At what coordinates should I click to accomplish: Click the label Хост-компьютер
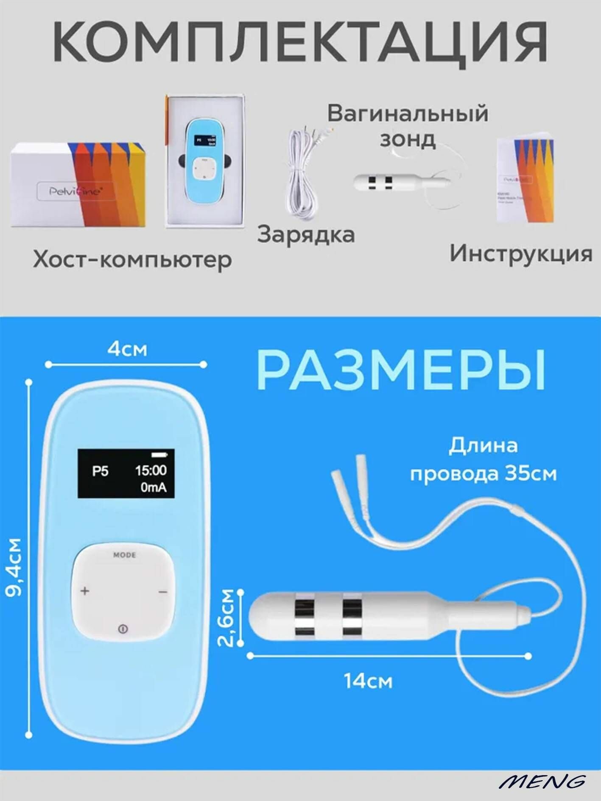pos(132,259)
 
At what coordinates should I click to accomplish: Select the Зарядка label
pos(306,234)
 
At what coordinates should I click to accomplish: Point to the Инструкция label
pos(521,253)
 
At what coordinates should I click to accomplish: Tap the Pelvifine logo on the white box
pos(75,191)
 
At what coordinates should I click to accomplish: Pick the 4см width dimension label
pos(127,350)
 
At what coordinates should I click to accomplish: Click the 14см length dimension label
pos(368,681)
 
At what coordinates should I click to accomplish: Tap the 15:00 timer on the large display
pos(151,470)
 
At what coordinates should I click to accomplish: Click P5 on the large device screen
pos(101,471)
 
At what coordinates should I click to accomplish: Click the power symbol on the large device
pos(123,629)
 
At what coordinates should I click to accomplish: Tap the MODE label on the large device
pos(124,555)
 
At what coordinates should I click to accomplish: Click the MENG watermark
pos(542,781)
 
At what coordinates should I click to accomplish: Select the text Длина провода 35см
pos(483,459)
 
